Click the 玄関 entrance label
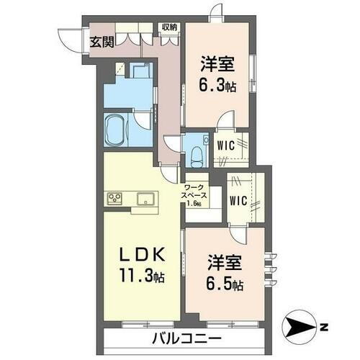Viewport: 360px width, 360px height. tap(101, 41)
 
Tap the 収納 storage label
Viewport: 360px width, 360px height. tap(170, 27)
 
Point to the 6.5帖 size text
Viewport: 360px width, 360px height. tap(224, 284)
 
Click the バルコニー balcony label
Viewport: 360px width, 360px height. tap(186, 338)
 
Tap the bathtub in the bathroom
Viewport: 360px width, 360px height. tap(117, 131)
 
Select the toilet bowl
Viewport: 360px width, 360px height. tap(194, 153)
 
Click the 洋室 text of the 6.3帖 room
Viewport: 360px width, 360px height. tap(217, 64)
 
